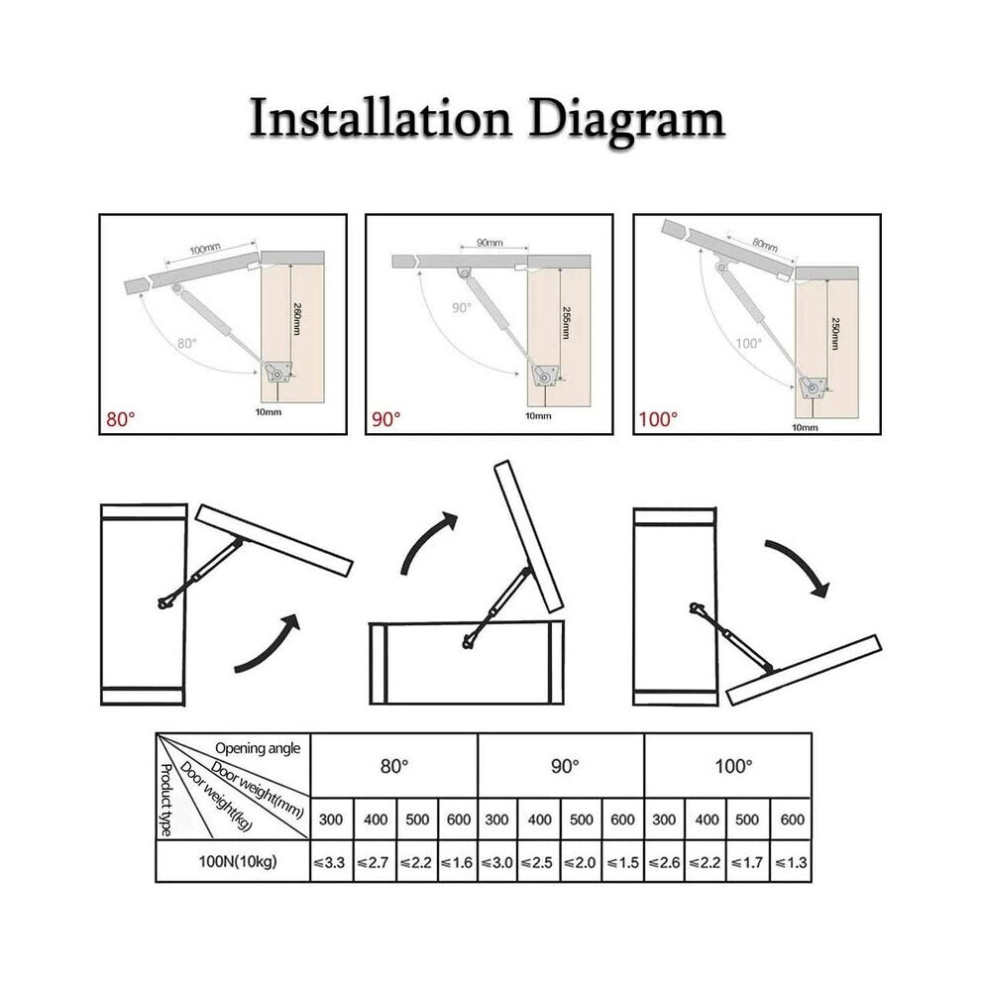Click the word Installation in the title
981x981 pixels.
pos(381,118)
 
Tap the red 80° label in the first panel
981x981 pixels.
pos(120,419)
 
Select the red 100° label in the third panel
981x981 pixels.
pos(658,419)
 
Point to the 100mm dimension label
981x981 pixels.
pos(205,249)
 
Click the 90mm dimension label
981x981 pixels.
pos(490,243)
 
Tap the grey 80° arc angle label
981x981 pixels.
pos(187,344)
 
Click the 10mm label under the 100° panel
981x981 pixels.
pos(805,428)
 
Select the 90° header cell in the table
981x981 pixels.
pos(565,766)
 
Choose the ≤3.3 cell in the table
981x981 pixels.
pos(330,863)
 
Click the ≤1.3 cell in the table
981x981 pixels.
pos(791,863)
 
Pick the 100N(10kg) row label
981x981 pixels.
pos(237,862)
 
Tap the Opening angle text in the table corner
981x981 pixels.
pos(258,748)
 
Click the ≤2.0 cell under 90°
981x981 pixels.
pos(582,863)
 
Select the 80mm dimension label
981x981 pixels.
pos(765,245)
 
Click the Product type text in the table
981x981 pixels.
pos(165,800)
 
